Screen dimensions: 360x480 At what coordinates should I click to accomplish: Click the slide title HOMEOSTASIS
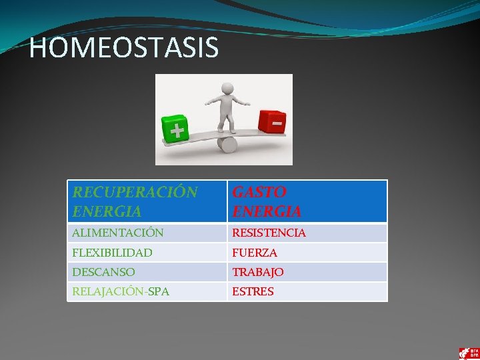coord(124,48)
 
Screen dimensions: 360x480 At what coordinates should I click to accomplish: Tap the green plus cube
coord(175,129)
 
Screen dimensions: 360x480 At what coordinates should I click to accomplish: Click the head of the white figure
coord(227,89)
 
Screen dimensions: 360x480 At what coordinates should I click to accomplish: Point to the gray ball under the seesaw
coord(228,143)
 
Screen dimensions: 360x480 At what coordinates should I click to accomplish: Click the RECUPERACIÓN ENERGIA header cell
coord(147,201)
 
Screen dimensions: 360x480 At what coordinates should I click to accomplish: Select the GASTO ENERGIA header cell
coord(307,201)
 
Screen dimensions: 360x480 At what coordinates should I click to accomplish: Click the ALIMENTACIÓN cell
coord(147,233)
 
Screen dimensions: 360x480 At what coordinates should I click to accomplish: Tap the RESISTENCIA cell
coord(307,233)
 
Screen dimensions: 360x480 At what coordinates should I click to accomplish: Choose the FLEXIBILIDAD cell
coord(147,253)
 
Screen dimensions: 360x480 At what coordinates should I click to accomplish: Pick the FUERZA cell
coord(307,253)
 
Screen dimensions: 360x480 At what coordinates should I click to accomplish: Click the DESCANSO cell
coord(147,272)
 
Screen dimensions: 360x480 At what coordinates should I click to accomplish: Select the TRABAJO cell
coord(307,272)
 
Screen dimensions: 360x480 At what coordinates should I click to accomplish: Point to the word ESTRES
coord(253,291)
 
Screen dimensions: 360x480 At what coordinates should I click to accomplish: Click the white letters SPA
coord(159,291)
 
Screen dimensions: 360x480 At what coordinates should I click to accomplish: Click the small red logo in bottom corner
coord(468,353)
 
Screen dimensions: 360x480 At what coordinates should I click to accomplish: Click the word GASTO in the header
coord(259,193)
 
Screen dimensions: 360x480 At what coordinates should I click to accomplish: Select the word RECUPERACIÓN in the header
coord(135,193)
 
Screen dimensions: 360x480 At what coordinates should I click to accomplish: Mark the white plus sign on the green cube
coord(176,131)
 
